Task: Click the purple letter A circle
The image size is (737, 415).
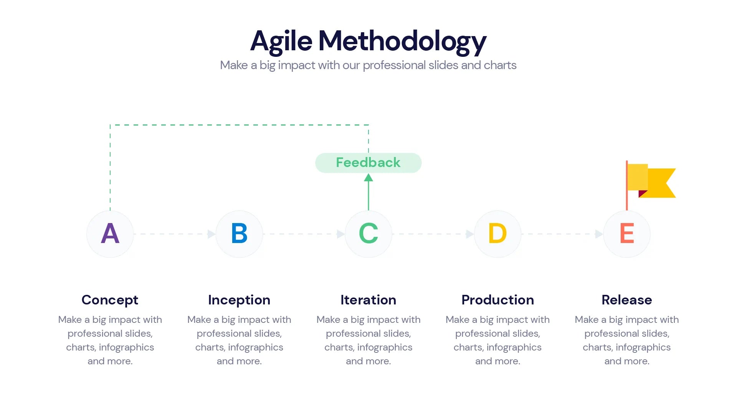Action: pyautogui.click(x=110, y=234)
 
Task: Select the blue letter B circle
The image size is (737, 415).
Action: pyautogui.click(x=239, y=234)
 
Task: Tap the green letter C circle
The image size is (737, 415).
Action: pyautogui.click(x=368, y=234)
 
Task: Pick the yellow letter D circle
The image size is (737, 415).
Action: pyautogui.click(x=497, y=234)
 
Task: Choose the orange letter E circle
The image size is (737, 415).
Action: pyautogui.click(x=627, y=234)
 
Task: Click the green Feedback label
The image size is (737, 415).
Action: pyautogui.click(x=368, y=163)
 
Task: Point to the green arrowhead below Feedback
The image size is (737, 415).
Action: pyautogui.click(x=368, y=177)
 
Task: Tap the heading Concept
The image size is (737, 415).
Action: pyautogui.click(x=110, y=300)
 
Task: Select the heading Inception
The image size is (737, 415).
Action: pyautogui.click(x=239, y=300)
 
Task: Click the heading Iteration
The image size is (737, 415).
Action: pyautogui.click(x=368, y=300)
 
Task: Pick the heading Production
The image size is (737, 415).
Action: pyautogui.click(x=497, y=300)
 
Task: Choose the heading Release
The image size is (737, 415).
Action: pyautogui.click(x=627, y=300)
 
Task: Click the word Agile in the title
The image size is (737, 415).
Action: pyautogui.click(x=281, y=41)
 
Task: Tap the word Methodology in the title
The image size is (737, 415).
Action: pyautogui.click(x=402, y=41)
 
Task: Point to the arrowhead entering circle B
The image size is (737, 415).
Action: pyautogui.click(x=211, y=234)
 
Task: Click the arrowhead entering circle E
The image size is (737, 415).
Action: pyautogui.click(x=599, y=234)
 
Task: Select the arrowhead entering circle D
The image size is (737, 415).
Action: pyautogui.click(x=469, y=234)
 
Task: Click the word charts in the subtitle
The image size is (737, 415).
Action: pyautogui.click(x=500, y=65)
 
